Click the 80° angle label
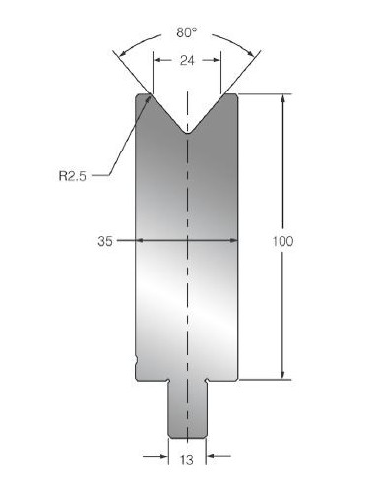point(187,32)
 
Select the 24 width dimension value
point(187,61)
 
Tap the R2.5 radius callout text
point(73,176)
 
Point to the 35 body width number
point(105,241)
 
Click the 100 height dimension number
point(282,241)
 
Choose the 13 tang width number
point(187,460)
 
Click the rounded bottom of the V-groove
point(187,132)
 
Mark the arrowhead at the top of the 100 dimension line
point(282,98)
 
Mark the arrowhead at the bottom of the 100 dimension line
point(282,375)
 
